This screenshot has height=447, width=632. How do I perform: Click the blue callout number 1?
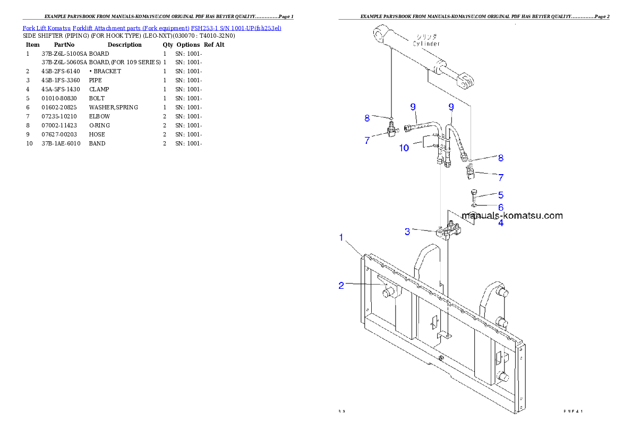[x=341, y=237]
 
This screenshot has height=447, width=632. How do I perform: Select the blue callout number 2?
[x=341, y=286]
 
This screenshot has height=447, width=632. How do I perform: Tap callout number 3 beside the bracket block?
[x=407, y=231]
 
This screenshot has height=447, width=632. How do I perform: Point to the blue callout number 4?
[x=500, y=223]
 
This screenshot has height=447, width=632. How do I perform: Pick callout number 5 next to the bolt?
[x=500, y=195]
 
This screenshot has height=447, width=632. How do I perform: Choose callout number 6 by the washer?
[x=500, y=207]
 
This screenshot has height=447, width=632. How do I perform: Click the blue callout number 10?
[x=404, y=148]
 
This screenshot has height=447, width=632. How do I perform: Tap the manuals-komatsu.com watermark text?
[x=512, y=216]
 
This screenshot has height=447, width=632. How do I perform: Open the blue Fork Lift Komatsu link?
[x=151, y=28]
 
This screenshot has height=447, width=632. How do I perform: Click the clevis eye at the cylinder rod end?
[x=466, y=81]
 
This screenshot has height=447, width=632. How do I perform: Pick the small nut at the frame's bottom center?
[x=440, y=357]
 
